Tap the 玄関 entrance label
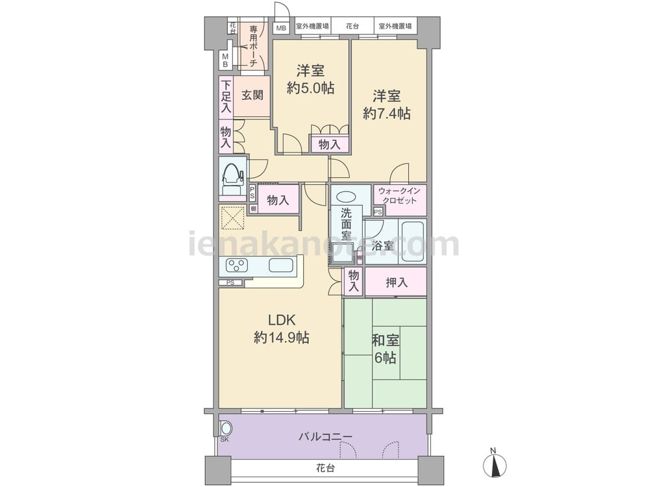point(252,95)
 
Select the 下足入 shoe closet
point(225,95)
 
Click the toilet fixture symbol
point(232,175)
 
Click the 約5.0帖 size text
point(310,88)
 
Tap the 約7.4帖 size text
point(386,114)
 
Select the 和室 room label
point(386,340)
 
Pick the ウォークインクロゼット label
point(399,195)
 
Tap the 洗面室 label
point(347,223)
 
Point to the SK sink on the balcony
point(226,429)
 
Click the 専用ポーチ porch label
point(254,45)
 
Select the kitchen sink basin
point(280,265)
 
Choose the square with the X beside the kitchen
point(231,218)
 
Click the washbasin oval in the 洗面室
point(347,196)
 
